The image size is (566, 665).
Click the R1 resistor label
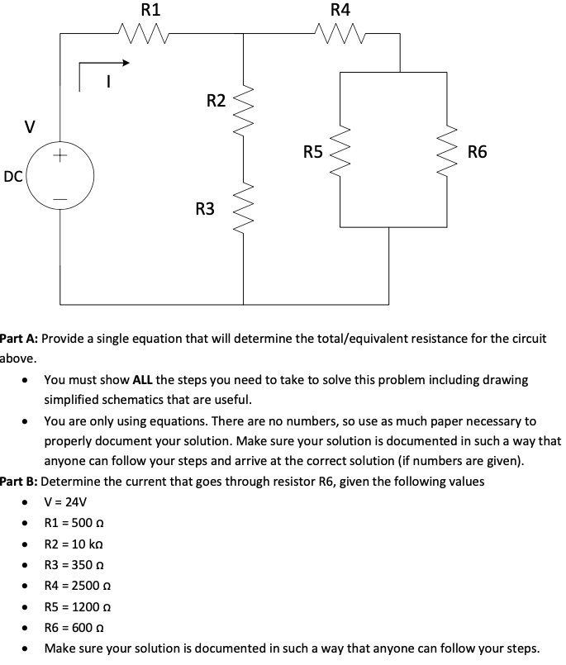click(x=150, y=10)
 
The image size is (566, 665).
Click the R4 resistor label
click(x=340, y=10)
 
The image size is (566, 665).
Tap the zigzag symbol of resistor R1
click(x=145, y=35)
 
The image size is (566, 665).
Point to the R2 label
click(x=216, y=102)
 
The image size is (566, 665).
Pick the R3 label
click(x=205, y=209)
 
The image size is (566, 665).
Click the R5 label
click(x=312, y=151)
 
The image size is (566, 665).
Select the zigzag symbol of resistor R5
click(x=340, y=150)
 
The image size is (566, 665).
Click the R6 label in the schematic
click(x=478, y=151)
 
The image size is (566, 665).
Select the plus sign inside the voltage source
click(x=59, y=155)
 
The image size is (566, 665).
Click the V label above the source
click(x=30, y=127)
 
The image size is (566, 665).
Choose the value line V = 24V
click(x=65, y=501)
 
